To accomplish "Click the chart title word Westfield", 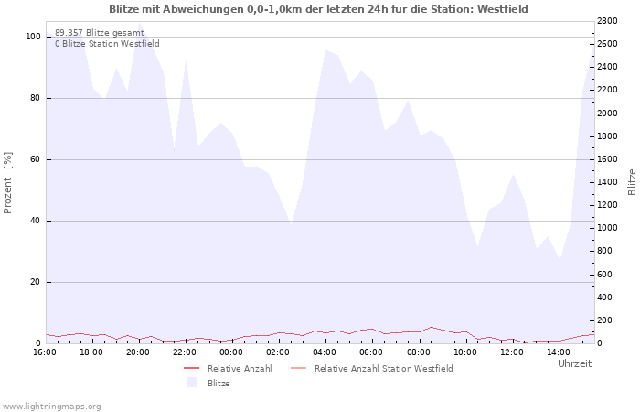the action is point(503,9).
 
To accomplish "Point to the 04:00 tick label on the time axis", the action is point(325,352).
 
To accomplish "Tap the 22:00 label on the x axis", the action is point(185,352).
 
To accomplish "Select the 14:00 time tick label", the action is point(559,352).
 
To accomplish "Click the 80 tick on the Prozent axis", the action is point(35,98).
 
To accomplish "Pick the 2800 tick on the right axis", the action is point(607,21).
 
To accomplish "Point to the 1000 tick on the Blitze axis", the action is point(607,228).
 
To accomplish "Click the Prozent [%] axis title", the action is point(7,183).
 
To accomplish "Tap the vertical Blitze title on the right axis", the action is point(632,182).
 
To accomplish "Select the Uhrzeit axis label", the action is point(575,363).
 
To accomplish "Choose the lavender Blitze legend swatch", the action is point(191,383).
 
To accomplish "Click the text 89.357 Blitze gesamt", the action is point(100,33).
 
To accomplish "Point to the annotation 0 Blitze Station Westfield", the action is point(107,44).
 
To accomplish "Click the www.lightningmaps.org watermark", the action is point(51,407).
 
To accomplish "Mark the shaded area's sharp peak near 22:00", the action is point(186,61).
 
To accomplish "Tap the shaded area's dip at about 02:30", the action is point(291,225).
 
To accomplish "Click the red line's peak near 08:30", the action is point(432,327).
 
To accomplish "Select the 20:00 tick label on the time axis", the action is point(138,352).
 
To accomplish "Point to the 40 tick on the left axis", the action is point(35,221).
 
